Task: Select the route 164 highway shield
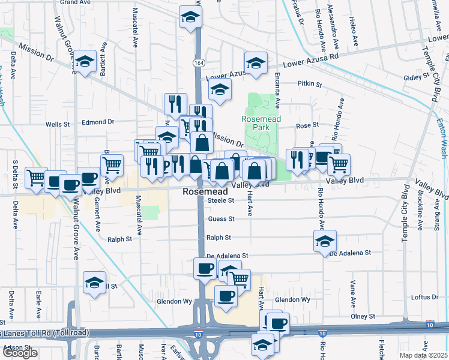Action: click(x=197, y=62)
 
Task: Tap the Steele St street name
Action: click(x=220, y=200)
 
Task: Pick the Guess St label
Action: click(x=220, y=219)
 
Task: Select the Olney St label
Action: click(x=363, y=316)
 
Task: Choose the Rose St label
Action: click(x=307, y=125)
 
